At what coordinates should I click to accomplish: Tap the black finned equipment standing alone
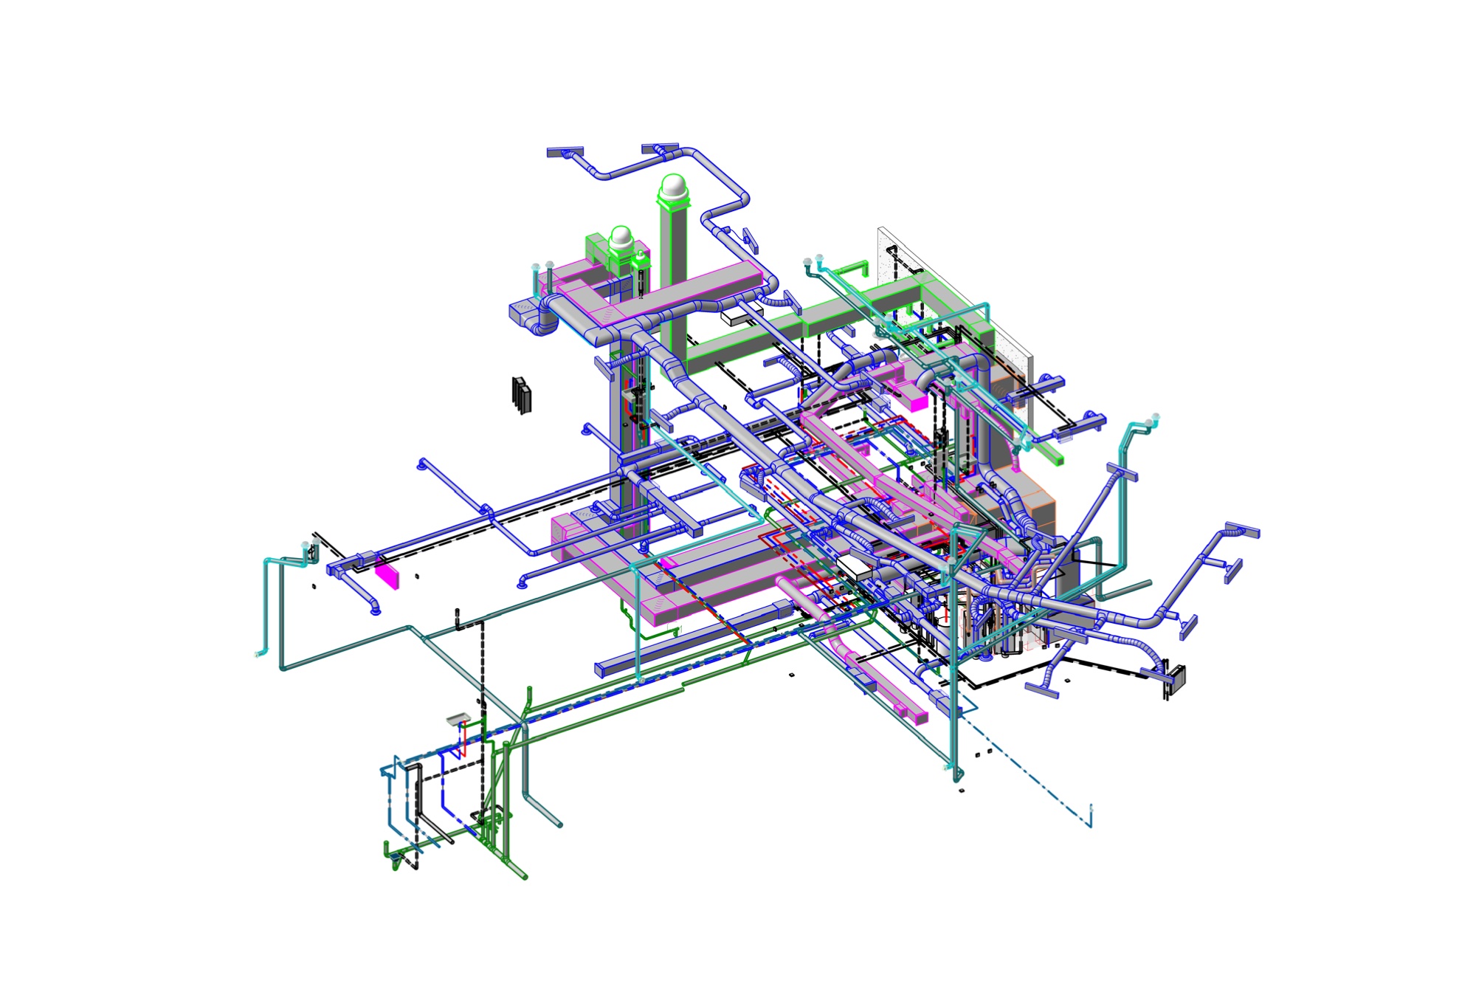(522, 395)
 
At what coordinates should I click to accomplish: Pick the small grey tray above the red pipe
(458, 718)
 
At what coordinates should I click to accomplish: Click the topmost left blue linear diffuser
(565, 152)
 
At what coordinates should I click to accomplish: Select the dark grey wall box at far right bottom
(1176, 677)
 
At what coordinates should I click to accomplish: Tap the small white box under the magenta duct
(736, 317)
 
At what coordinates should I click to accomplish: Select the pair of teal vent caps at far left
(309, 546)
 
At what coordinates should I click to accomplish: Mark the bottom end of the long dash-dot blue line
(1091, 825)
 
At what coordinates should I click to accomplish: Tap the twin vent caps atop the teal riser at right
(1151, 420)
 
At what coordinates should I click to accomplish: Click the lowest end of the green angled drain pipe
(525, 877)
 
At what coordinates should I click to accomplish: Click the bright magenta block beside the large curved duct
(917, 403)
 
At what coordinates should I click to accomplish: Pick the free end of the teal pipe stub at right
(1148, 583)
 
